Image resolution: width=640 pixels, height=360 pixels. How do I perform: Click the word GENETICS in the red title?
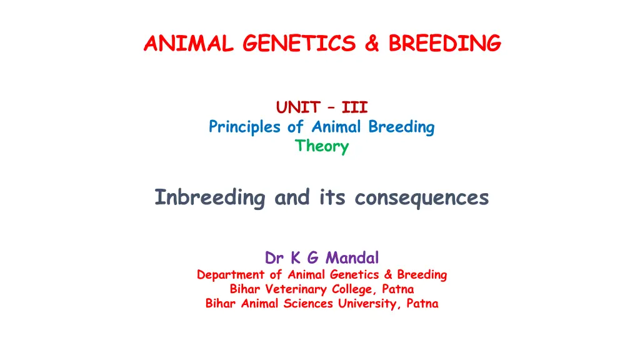[x=299, y=43]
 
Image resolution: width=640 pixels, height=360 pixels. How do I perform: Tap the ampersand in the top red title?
[x=372, y=43]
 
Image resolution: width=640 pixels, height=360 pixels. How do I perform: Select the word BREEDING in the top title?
[x=444, y=43]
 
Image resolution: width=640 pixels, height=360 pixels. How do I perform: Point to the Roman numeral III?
[x=355, y=107]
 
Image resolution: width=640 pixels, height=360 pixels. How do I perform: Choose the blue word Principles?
[x=244, y=127]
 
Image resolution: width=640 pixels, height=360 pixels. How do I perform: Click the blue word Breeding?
[x=401, y=127]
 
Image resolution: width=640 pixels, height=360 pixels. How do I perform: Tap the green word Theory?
[x=322, y=146]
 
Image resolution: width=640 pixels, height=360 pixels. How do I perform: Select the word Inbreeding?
[x=210, y=197]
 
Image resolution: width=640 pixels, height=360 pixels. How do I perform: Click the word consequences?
[x=422, y=198]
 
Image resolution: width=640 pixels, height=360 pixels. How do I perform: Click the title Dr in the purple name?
[x=274, y=258]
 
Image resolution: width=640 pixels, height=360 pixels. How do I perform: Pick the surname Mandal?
[x=352, y=258]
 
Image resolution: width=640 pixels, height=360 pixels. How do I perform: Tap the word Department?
[x=231, y=275]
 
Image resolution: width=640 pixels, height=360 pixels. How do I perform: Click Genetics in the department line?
[x=354, y=274]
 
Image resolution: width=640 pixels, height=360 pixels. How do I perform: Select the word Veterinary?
[x=296, y=289]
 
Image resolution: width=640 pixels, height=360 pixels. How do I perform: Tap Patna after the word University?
[x=422, y=304]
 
